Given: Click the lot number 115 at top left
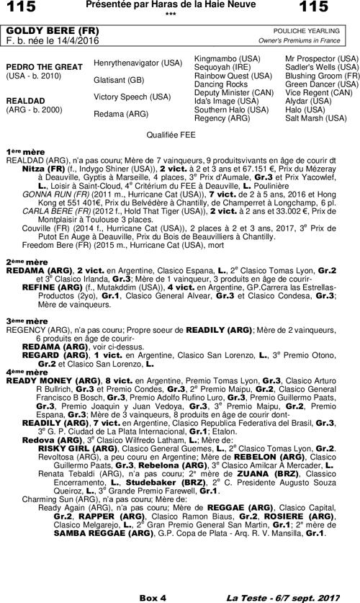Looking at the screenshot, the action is tap(20, 7).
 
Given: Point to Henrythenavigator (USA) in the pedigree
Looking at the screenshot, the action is tap(138, 63).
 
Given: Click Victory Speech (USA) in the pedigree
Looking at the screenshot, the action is tap(132, 97).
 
